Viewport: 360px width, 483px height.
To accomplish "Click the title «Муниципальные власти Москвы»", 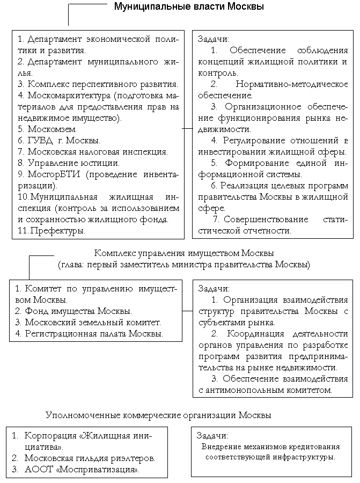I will tap(189, 7).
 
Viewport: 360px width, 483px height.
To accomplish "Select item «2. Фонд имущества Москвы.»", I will tap(74, 311).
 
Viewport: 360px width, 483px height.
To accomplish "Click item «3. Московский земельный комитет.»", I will tap(88, 322).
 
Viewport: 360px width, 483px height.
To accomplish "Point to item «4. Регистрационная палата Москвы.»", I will tap(89, 333).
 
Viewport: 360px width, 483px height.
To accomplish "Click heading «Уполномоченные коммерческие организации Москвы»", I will tap(158, 415).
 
